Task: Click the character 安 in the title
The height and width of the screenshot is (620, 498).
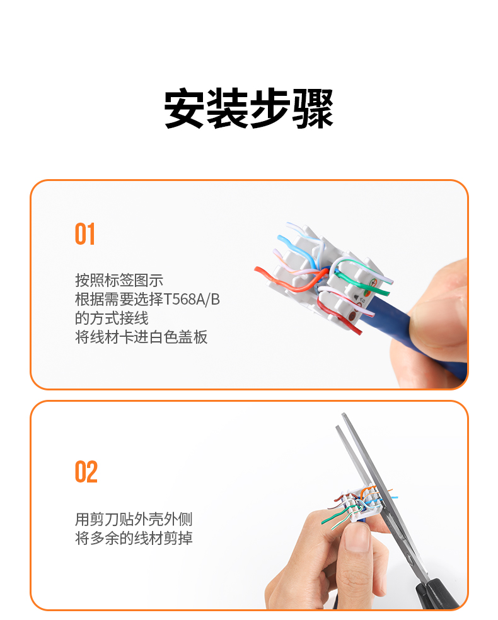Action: (x=185, y=108)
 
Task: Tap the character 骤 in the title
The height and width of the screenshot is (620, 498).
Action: (x=313, y=108)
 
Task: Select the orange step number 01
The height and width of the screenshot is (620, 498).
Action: (x=85, y=234)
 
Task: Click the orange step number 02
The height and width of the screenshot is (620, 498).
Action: (x=86, y=472)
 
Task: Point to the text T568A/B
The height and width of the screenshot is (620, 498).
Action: (x=191, y=300)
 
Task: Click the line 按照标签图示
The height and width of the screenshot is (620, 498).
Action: (x=119, y=280)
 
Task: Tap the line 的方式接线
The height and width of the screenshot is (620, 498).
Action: (x=112, y=319)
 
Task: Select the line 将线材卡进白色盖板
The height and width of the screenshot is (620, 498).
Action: (x=141, y=337)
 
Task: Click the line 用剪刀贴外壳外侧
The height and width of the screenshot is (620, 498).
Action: (x=134, y=519)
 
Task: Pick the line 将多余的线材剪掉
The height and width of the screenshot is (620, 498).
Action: (x=134, y=538)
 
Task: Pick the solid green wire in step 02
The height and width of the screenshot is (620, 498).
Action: (x=334, y=515)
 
